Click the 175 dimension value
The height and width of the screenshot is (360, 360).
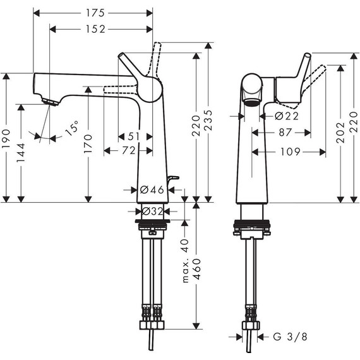click(93, 13)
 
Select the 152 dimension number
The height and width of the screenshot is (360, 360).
click(93, 29)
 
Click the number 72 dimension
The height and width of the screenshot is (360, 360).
click(128, 150)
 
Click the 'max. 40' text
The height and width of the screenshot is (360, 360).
click(186, 253)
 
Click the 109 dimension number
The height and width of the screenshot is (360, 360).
click(289, 152)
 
